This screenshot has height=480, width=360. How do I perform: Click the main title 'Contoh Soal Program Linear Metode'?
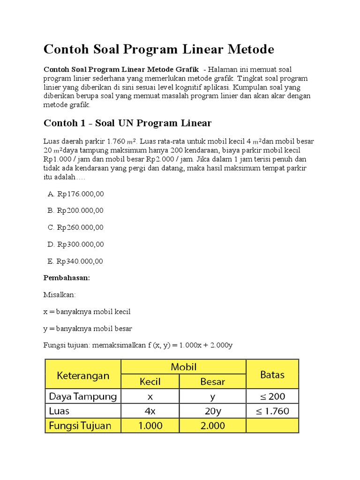pyautogui.click(x=158, y=49)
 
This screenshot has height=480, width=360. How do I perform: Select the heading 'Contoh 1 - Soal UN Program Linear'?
pyautogui.click(x=127, y=123)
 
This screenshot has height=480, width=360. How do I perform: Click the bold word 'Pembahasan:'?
pyautogui.click(x=67, y=278)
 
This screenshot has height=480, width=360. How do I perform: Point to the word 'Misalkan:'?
pyautogui.click(x=60, y=295)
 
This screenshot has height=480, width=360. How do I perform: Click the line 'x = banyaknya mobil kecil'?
pyautogui.click(x=87, y=312)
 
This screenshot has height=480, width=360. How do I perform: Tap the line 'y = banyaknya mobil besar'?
pyautogui.click(x=88, y=329)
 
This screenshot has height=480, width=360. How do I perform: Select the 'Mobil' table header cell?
pyautogui.click(x=183, y=367)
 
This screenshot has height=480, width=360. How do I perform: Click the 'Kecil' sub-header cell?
pyautogui.click(x=150, y=382)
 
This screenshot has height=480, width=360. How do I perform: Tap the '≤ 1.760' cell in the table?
pyautogui.click(x=272, y=411)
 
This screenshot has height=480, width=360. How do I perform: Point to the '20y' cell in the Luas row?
pyautogui.click(x=213, y=411)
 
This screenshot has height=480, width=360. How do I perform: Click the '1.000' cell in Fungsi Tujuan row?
pyautogui.click(x=150, y=426)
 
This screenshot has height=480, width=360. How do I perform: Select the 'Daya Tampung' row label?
pyautogui.click(x=83, y=397)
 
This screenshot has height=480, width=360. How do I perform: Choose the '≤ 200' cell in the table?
pyautogui.click(x=272, y=397)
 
